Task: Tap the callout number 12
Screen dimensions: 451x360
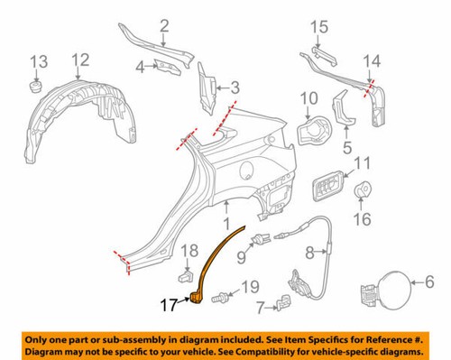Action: coord(80,60)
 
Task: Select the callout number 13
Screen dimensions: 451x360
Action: coord(36,61)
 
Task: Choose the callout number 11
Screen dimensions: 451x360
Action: coord(363,163)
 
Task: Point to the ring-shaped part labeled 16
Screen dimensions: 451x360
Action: coord(365,189)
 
